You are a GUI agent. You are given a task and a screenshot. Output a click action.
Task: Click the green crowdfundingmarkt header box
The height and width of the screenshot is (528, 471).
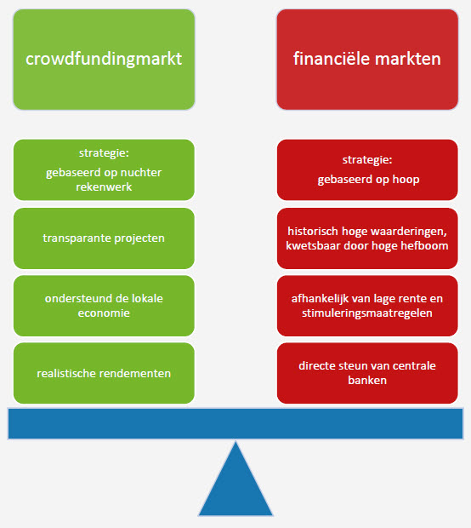104,59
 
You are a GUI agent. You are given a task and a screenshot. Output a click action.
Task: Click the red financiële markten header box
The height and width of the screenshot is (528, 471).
366,59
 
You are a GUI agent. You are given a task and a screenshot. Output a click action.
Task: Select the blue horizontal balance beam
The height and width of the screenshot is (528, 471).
235,424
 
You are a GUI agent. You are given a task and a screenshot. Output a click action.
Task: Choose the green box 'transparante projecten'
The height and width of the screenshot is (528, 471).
104,238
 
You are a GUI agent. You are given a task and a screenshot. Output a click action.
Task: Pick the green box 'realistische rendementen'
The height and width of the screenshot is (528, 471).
104,373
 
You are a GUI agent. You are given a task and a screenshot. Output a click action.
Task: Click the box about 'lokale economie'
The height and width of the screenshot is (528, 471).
104,306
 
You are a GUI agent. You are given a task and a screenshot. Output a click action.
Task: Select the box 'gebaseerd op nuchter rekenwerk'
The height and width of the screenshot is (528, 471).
104,170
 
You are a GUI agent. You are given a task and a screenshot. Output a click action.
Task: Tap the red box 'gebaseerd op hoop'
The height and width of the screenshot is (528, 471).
366,170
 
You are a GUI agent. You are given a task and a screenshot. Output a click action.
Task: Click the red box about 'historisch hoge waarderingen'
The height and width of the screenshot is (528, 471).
366,238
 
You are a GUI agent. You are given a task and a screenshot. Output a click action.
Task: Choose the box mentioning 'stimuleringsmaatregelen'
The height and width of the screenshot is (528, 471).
366,306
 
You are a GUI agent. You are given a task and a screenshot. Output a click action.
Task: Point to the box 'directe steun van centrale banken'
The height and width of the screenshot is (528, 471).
366,373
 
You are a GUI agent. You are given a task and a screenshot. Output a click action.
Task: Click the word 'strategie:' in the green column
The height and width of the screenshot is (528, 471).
104,154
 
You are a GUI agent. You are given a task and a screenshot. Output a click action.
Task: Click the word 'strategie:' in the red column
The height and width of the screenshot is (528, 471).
366,160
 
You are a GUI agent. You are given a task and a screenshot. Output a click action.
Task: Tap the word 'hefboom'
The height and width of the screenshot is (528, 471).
425,246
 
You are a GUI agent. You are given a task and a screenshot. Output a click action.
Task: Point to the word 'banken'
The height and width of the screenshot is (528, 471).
366,381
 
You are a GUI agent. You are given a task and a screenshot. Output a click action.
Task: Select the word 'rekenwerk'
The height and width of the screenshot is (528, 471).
104,187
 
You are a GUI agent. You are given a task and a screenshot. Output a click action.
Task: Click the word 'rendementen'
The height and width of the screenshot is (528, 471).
138,373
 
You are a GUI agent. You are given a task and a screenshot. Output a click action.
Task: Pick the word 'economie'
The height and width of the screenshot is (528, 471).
104,313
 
